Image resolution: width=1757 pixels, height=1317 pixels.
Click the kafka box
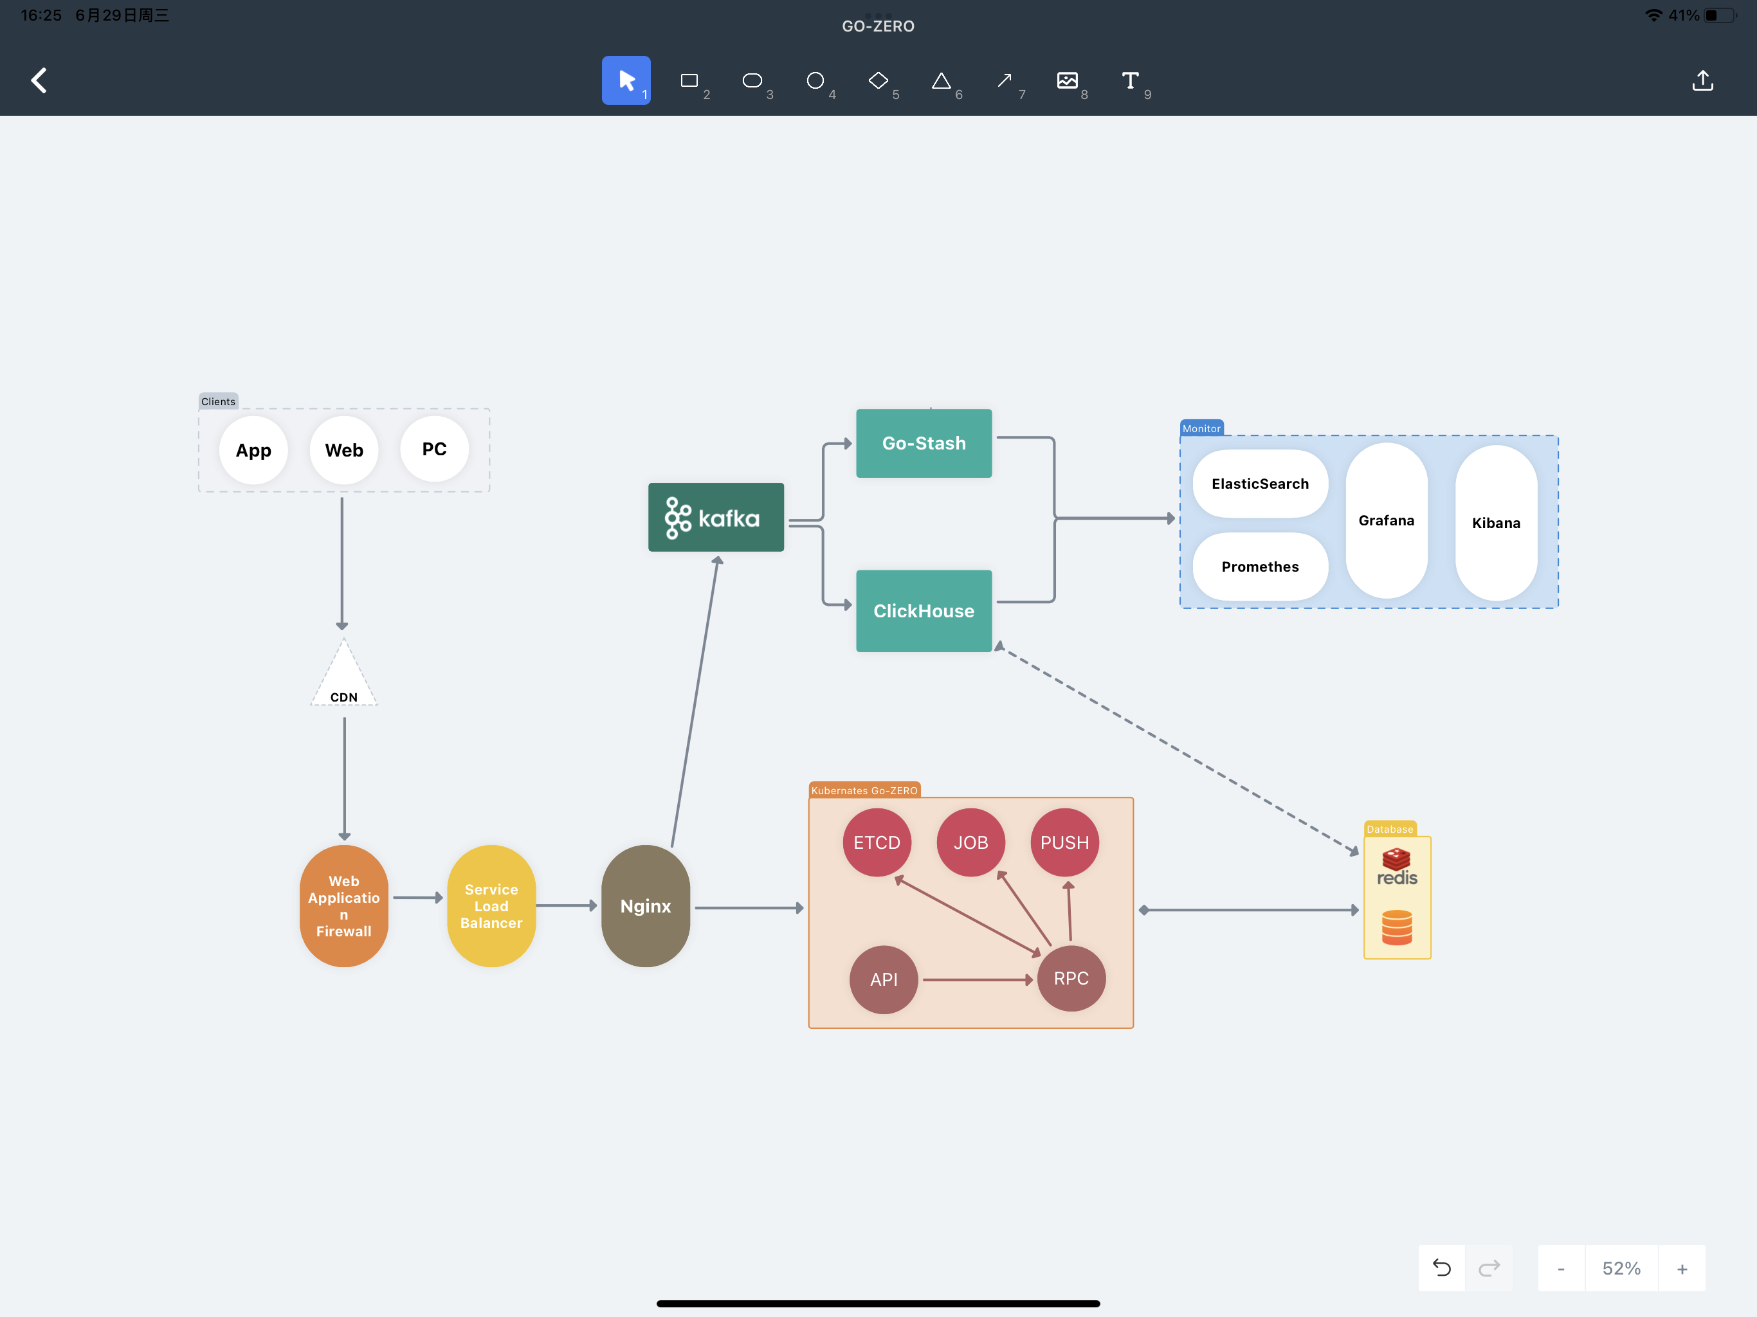716,517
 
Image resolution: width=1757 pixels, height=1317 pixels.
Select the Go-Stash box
924,443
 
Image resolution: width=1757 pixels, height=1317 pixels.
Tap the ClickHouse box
924,611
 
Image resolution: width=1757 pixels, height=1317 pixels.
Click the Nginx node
646,905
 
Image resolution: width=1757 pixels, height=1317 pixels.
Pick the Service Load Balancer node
492,905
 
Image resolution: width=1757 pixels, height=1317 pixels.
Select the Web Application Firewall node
344,905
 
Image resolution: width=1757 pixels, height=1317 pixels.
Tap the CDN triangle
344,673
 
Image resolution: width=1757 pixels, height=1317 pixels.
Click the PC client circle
435,450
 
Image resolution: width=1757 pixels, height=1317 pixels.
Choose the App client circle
253,450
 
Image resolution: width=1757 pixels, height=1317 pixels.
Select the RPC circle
1071,979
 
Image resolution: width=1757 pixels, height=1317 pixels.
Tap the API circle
884,979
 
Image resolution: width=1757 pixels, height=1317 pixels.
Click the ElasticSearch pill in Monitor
1261,484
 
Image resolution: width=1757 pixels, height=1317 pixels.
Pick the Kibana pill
1497,523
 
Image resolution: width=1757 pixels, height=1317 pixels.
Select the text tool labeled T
1131,80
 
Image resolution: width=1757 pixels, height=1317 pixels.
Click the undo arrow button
1442,1267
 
